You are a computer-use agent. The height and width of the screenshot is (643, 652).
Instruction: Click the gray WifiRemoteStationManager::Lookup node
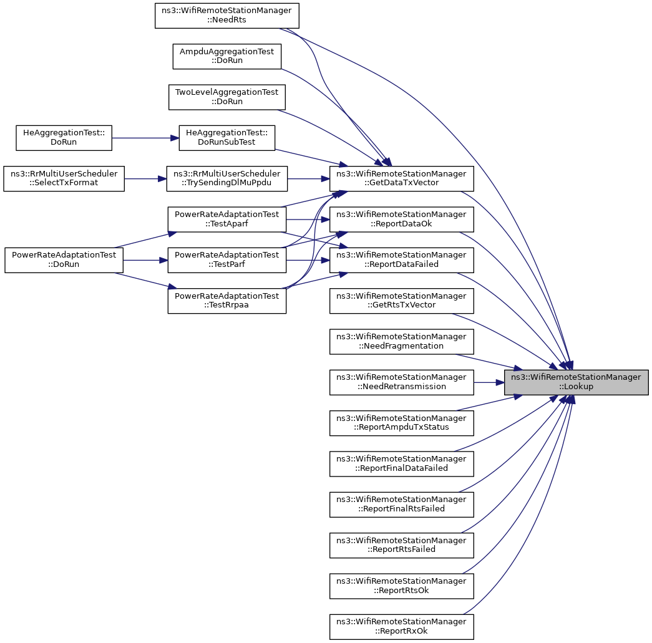coord(577,382)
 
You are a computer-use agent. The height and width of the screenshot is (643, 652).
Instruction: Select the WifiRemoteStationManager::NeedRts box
coord(226,16)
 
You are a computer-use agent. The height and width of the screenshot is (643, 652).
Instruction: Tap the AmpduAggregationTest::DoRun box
coord(226,56)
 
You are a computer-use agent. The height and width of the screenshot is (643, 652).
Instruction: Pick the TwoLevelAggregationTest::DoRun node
coord(226,97)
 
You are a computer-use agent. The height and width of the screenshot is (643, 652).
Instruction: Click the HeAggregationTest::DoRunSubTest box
coord(226,138)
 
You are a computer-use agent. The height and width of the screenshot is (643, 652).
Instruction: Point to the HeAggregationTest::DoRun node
coord(64,138)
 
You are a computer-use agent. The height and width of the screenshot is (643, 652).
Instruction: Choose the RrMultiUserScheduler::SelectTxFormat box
coord(64,179)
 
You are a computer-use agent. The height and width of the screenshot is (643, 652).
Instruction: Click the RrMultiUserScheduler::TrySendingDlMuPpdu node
coord(226,179)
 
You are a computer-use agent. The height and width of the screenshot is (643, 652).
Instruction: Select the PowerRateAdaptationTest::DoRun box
coord(64,260)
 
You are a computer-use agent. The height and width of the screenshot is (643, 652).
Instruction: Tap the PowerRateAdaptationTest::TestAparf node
coord(226,220)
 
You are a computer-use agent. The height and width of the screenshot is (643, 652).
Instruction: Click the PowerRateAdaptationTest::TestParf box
coord(226,260)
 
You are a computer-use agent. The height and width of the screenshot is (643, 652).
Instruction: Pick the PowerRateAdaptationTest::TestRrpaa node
coord(226,301)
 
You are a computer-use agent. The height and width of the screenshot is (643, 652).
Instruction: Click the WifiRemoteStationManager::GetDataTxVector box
coord(401,179)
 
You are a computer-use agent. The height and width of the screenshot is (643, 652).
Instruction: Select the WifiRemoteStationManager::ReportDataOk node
coord(401,220)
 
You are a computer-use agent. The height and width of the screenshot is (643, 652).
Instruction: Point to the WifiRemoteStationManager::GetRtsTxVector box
coord(401,301)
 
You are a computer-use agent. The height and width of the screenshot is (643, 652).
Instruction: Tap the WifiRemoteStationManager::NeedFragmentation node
coord(401,342)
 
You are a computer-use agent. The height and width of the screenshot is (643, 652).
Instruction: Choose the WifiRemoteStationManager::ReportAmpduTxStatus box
coord(401,423)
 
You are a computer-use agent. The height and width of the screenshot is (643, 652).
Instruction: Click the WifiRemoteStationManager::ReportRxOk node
coord(401,627)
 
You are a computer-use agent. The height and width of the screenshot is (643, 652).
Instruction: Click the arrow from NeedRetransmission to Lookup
coord(489,382)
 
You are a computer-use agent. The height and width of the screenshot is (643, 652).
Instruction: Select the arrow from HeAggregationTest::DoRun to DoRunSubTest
coord(145,138)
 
